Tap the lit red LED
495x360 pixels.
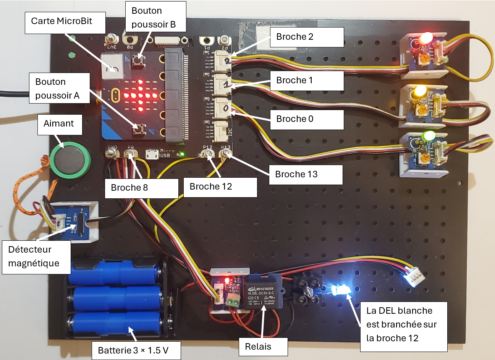click(425, 38)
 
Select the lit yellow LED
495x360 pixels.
click(420, 91)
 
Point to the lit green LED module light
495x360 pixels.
click(429, 136)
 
